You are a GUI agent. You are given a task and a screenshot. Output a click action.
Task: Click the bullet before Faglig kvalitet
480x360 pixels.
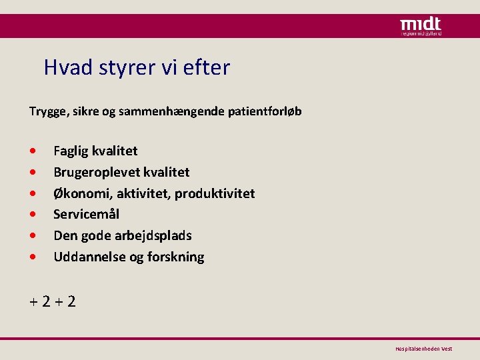(33, 151)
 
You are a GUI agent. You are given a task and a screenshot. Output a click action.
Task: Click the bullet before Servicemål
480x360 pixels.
(33, 215)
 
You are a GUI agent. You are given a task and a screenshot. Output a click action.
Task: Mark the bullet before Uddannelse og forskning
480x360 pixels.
(33, 257)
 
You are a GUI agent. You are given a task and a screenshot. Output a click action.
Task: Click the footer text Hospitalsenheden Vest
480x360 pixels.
(424, 349)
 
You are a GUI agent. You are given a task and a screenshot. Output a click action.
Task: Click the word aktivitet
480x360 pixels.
(141, 193)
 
